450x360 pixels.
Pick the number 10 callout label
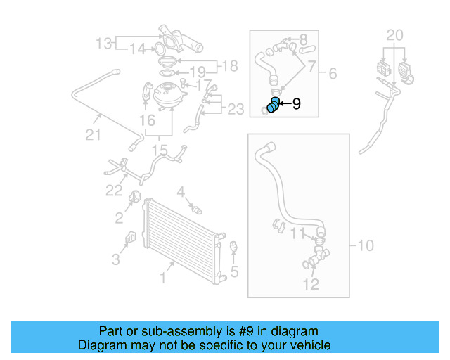(x=366, y=245)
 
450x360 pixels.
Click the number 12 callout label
(x=311, y=284)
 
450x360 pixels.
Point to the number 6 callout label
(x=333, y=72)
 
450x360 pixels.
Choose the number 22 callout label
(x=114, y=190)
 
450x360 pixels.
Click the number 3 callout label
(x=115, y=259)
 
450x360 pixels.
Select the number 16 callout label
(x=147, y=121)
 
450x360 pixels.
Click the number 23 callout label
(x=235, y=108)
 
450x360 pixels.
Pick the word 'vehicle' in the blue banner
(x=305, y=345)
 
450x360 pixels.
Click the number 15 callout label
(x=160, y=150)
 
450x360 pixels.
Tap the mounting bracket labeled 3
(x=131, y=238)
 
